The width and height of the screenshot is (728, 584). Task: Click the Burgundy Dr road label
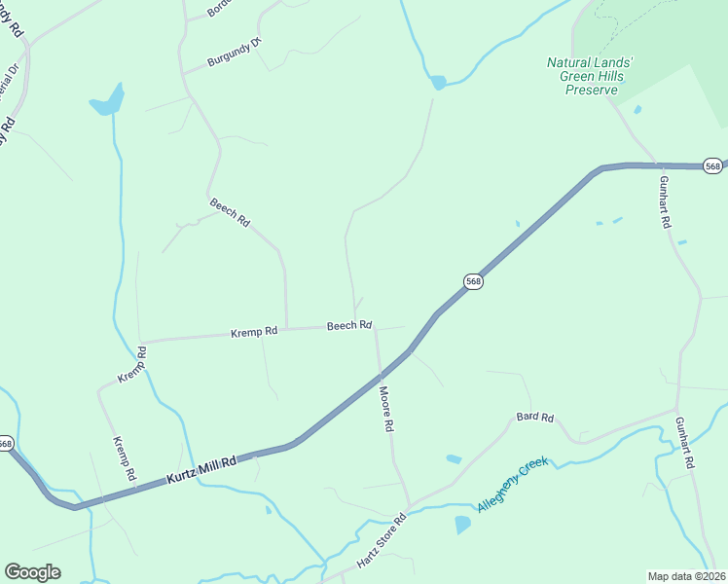tap(235, 55)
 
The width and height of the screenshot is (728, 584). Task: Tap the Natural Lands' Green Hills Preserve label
tap(590, 76)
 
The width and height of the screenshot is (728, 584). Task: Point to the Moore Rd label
tap(385, 409)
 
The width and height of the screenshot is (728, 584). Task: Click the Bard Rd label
tap(534, 418)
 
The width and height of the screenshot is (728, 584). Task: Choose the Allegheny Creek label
tap(513, 485)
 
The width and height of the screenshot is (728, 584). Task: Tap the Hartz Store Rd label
tap(381, 542)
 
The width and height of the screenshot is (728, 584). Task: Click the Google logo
tap(32, 572)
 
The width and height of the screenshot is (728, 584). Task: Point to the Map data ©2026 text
tap(686, 576)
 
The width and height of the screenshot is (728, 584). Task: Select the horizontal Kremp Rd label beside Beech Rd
tap(254, 332)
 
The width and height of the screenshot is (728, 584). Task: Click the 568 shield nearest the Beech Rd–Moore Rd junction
tap(473, 281)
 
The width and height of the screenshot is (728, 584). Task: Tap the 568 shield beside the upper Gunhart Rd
tap(713, 166)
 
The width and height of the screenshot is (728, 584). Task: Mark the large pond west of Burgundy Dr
tap(108, 100)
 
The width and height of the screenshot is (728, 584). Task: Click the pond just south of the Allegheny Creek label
tap(462, 525)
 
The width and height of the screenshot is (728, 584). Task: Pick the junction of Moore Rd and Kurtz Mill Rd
tap(379, 370)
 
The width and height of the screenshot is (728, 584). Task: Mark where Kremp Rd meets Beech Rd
tap(286, 328)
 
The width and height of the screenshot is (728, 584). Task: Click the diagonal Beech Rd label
tap(230, 212)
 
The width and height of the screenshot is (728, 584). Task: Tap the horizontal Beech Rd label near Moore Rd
tap(349, 325)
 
